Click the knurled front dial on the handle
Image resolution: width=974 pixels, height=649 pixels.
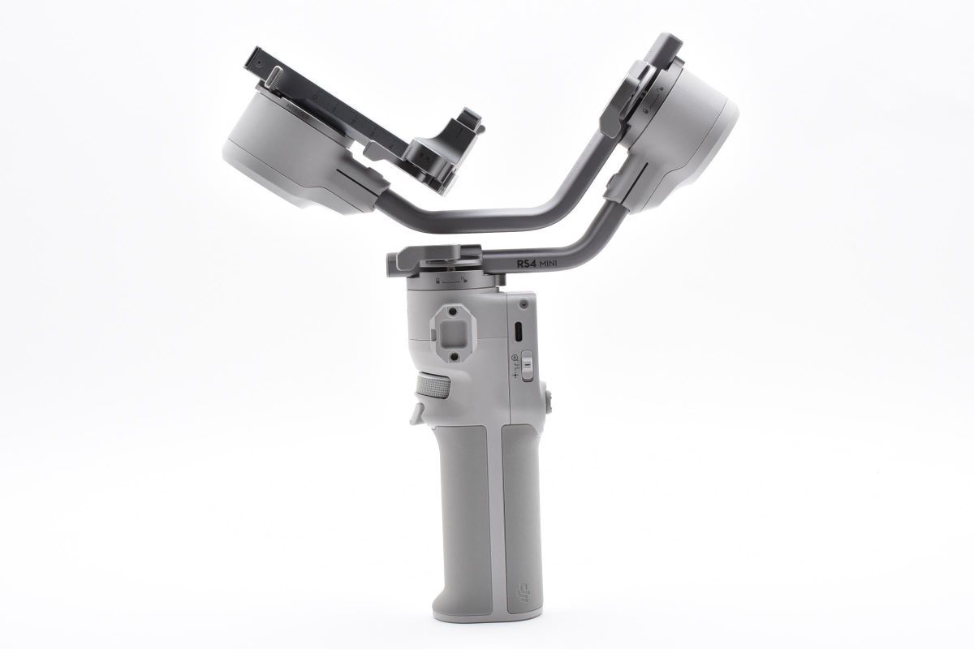(x=433, y=387)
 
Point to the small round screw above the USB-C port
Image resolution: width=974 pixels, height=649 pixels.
(x=524, y=303)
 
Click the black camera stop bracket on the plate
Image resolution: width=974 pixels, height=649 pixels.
(x=442, y=150)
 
